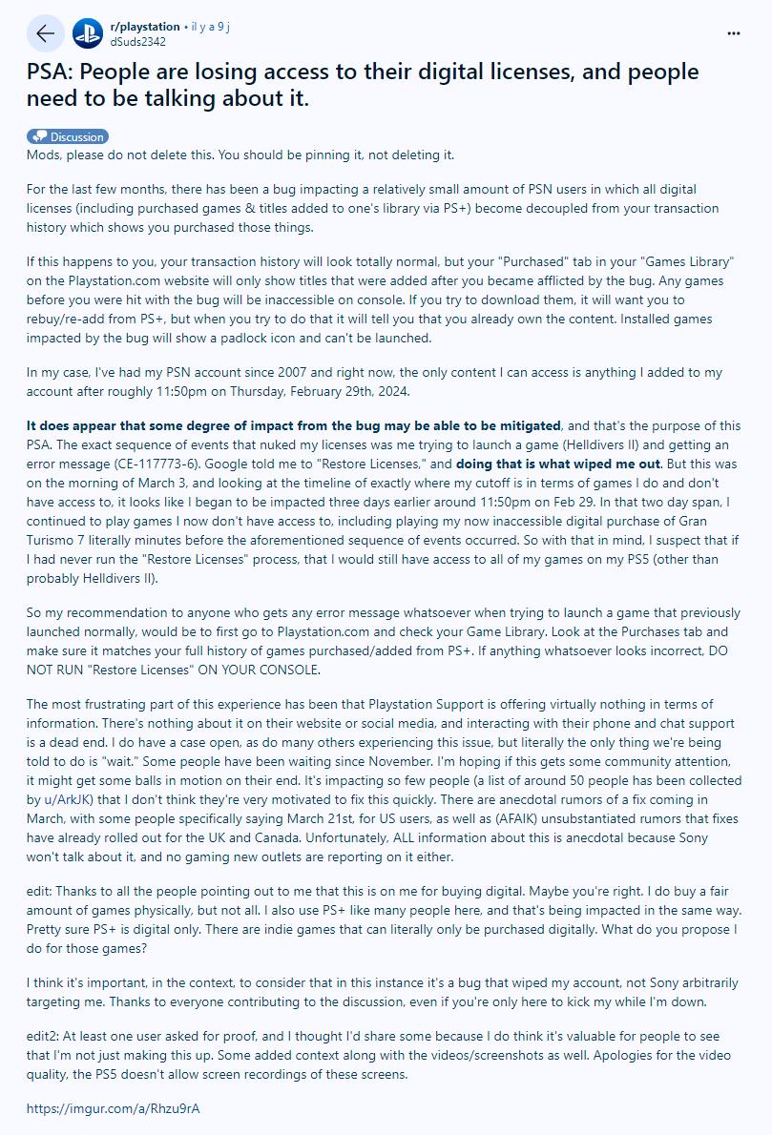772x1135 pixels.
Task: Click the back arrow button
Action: click(45, 33)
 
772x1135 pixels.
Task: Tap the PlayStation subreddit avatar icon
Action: click(88, 33)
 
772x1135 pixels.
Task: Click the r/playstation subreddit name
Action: click(145, 27)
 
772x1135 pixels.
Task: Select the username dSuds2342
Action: click(138, 41)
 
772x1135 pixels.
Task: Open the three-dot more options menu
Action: click(733, 32)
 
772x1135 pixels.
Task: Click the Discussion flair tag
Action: click(68, 136)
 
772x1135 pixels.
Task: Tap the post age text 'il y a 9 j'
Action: click(210, 27)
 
